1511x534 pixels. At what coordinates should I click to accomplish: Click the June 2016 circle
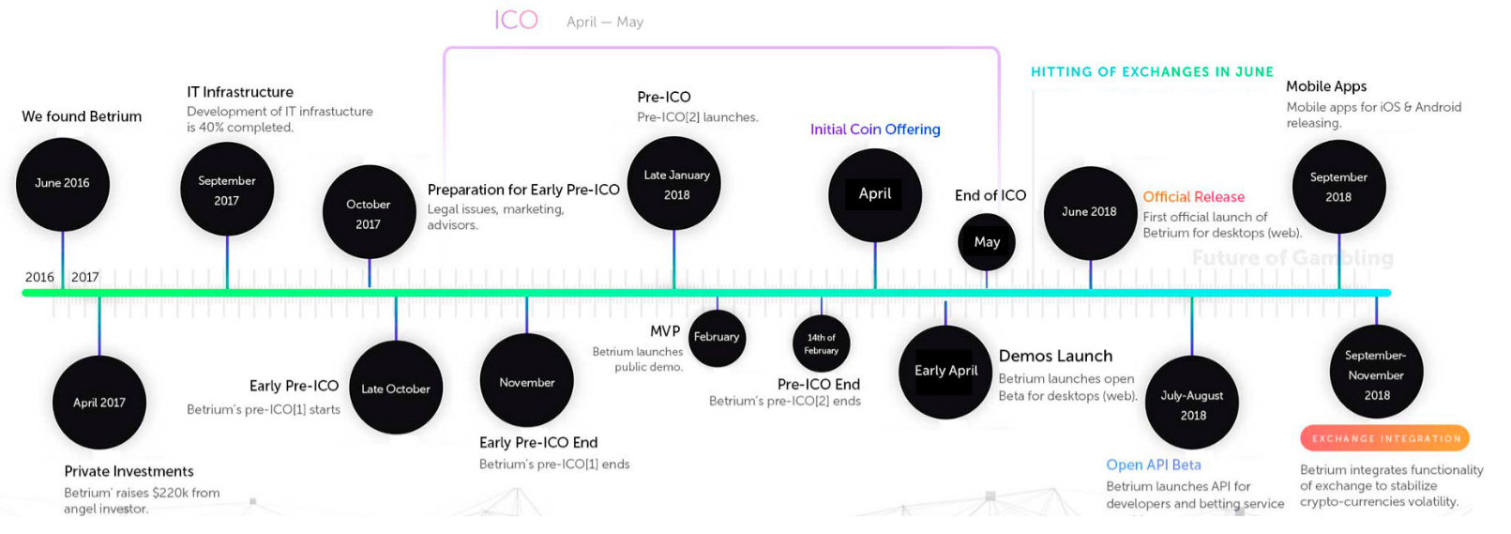[x=63, y=184]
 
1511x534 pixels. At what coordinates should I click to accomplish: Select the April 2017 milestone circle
[x=99, y=403]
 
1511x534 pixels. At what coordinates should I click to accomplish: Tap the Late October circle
[x=396, y=388]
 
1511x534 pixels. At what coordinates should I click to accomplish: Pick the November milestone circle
[x=527, y=381]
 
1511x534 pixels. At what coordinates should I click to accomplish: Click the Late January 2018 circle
[x=673, y=184]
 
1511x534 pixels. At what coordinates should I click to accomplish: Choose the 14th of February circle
[x=821, y=343]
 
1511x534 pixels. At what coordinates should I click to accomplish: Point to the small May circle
[x=986, y=242]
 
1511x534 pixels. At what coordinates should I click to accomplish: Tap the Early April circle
[x=945, y=372]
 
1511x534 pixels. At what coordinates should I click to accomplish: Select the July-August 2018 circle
[x=1192, y=403]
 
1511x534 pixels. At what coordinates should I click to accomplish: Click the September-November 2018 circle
[x=1377, y=372]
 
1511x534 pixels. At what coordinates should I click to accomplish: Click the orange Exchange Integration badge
[x=1385, y=438]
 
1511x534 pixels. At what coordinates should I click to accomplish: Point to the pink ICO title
[x=516, y=21]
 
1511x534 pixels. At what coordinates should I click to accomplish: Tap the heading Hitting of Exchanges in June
[x=1152, y=71]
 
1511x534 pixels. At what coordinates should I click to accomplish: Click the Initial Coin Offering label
[x=875, y=129]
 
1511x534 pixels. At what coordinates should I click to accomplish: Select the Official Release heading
[x=1193, y=196]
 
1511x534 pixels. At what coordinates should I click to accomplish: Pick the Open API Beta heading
[x=1154, y=465]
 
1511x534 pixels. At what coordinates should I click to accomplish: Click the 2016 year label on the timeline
[x=39, y=277]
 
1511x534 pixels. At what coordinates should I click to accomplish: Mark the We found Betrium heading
[x=82, y=116]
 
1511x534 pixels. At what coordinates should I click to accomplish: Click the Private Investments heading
[x=128, y=471]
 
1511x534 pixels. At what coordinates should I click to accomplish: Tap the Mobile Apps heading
[x=1326, y=86]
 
